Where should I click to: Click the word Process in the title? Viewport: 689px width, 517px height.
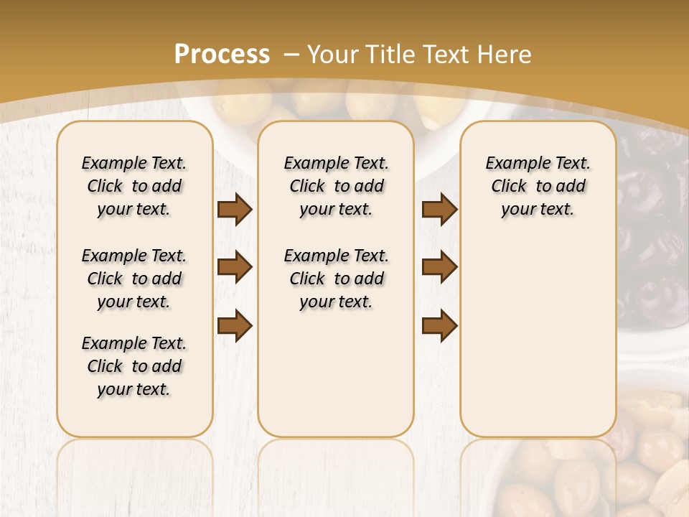pyautogui.click(x=222, y=55)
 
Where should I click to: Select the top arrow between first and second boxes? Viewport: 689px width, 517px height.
pyautogui.click(x=235, y=210)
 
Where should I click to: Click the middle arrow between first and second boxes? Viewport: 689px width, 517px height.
pyautogui.click(x=235, y=268)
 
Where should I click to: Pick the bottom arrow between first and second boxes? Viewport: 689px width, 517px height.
pyautogui.click(x=235, y=325)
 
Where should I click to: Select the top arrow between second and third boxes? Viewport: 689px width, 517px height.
pyautogui.click(x=439, y=210)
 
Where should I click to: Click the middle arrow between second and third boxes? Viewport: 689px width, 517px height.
pyautogui.click(x=439, y=268)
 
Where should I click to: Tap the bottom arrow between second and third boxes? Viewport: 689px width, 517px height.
pyautogui.click(x=439, y=325)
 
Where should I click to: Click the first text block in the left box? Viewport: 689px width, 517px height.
pyautogui.click(x=134, y=186)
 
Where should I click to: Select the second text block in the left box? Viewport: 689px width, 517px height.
pyautogui.click(x=134, y=279)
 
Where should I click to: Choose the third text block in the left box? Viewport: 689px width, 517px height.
pyautogui.click(x=134, y=366)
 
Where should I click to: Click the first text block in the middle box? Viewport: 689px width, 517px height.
pyautogui.click(x=336, y=186)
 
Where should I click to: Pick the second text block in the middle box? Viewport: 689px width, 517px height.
pyautogui.click(x=336, y=279)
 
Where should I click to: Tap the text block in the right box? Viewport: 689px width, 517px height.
pyautogui.click(x=538, y=186)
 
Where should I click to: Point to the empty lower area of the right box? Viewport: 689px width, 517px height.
pyautogui.click(x=538, y=337)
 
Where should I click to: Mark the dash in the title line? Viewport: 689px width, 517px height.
pyautogui.click(x=291, y=55)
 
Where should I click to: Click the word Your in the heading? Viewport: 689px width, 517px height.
pyautogui.click(x=334, y=55)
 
